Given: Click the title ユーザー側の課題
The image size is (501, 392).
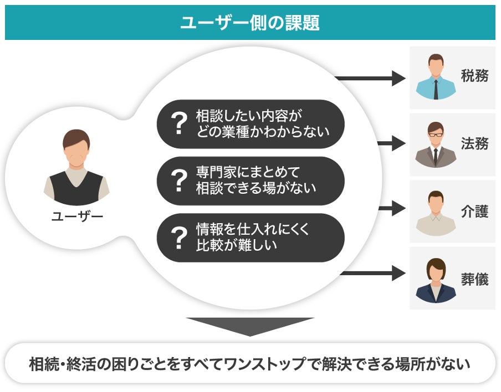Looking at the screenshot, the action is point(250,23).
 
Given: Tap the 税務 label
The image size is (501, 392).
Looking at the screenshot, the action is point(474,76).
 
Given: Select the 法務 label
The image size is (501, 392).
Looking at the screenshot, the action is point(474,143).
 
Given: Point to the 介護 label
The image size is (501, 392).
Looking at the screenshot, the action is point(474,212).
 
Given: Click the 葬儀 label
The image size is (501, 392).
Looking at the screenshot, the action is point(474,279).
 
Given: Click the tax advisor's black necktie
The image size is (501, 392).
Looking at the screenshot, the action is point(436,89).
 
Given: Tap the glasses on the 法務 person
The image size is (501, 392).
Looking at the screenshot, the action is point(436,135).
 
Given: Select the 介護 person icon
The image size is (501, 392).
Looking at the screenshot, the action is point(436,213).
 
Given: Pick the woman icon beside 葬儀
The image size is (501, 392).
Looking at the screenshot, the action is point(436,281).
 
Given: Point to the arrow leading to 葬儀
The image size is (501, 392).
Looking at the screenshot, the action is point(373,274).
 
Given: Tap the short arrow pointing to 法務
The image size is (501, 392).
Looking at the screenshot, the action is point(392,143).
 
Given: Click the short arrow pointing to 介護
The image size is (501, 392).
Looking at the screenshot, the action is point(392,208).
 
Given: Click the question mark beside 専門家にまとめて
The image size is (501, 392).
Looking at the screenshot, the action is point(179,180).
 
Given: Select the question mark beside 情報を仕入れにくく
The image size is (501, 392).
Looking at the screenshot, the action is point(179,238).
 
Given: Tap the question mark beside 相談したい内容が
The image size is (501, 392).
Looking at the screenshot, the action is point(179,123).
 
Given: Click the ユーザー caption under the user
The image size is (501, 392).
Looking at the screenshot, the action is point(77,216).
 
